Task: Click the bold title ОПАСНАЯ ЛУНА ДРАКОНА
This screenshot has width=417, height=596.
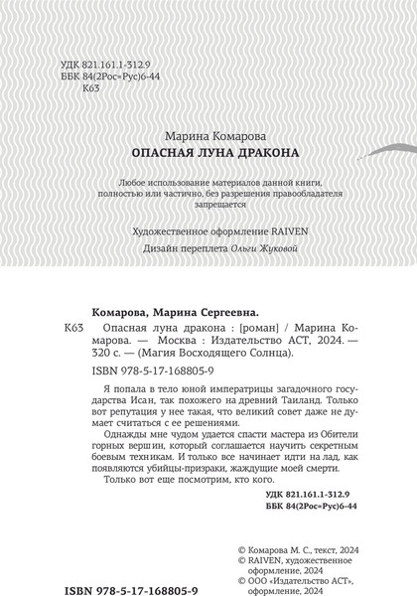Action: coord(208,155)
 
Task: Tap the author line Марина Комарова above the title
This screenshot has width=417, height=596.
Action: coord(208,136)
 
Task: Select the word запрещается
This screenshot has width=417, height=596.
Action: coord(208,212)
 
